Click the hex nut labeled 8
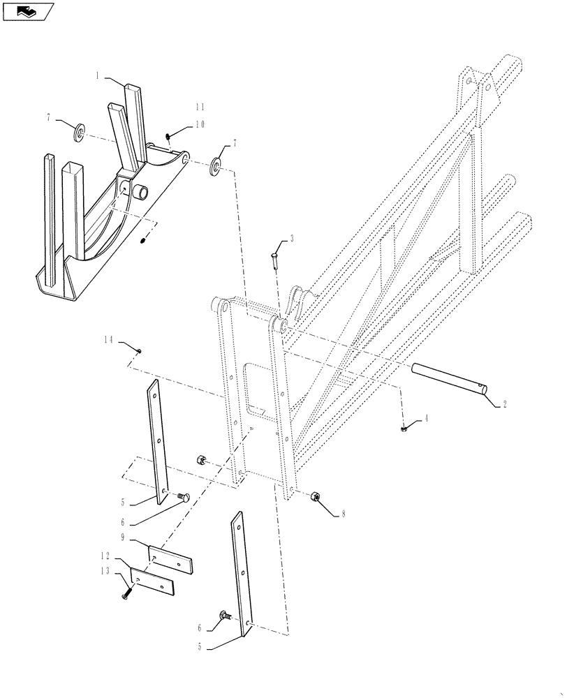click(x=314, y=497)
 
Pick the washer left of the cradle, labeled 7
click(x=80, y=130)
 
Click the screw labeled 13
click(x=126, y=593)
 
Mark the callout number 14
click(x=108, y=339)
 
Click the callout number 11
click(x=200, y=107)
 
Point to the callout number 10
click(x=200, y=124)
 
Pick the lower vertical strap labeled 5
click(x=242, y=572)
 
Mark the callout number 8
click(x=342, y=515)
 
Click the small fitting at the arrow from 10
click(x=169, y=136)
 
